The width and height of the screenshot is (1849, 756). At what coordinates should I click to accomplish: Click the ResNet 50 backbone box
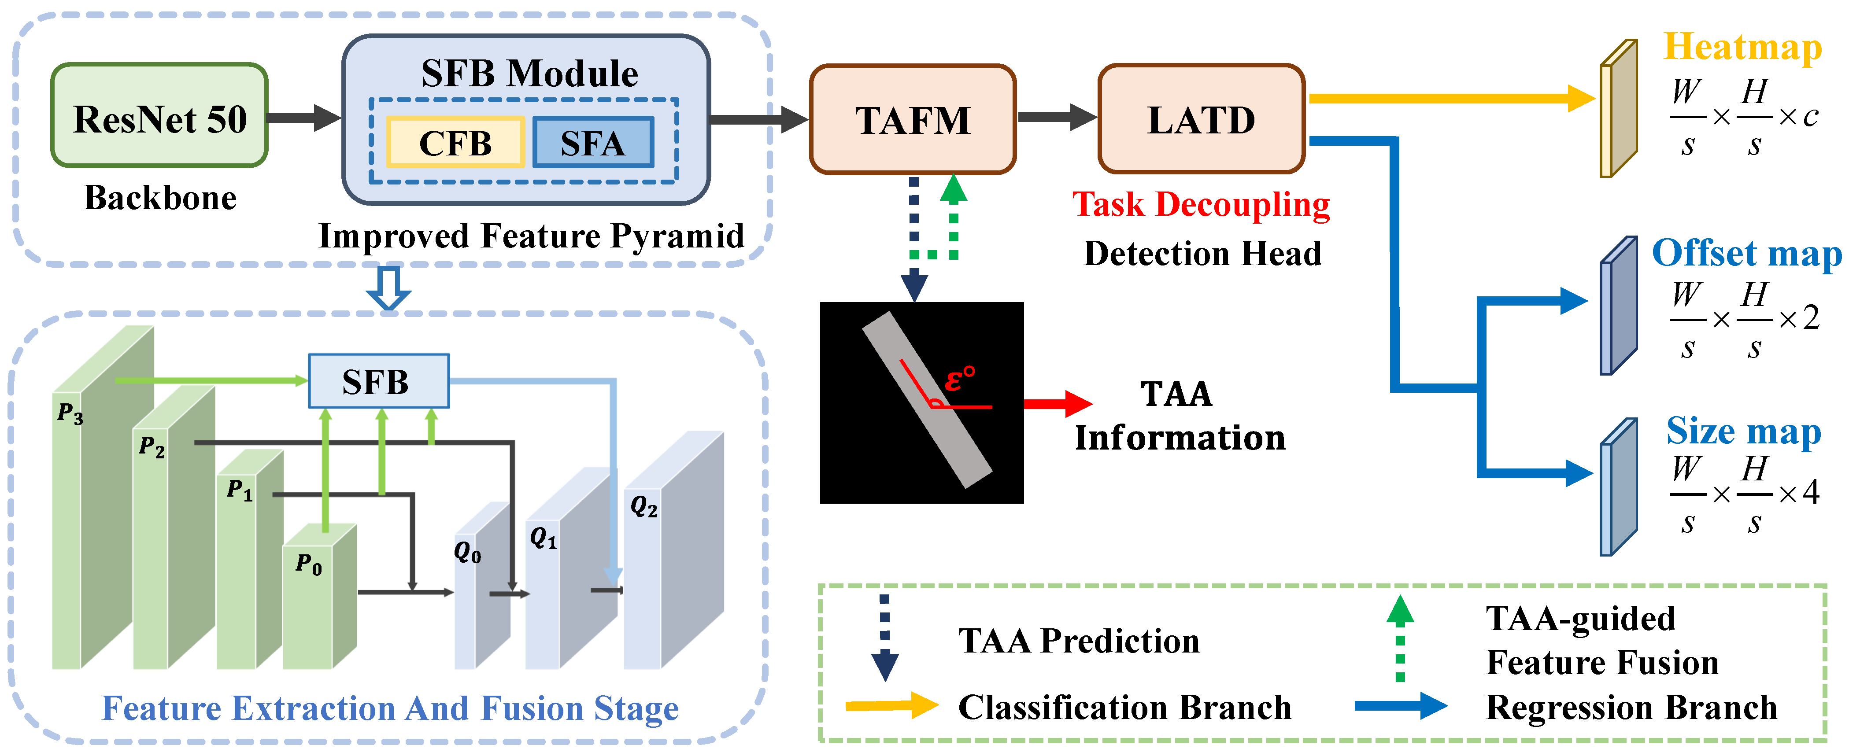(x=159, y=116)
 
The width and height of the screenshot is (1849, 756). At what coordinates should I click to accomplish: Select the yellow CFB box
(x=455, y=143)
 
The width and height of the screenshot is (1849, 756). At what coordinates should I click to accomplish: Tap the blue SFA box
(x=593, y=143)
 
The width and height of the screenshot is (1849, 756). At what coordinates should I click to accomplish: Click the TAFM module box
(x=912, y=119)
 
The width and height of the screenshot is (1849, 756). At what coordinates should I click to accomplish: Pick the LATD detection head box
(x=1201, y=119)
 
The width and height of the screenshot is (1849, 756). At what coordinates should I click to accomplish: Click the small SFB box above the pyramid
(x=378, y=381)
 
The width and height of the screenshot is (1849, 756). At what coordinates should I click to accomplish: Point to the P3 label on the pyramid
(x=70, y=413)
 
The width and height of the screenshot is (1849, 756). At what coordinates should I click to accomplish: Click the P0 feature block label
(x=309, y=564)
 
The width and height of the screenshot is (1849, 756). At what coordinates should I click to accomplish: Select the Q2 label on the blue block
(x=643, y=507)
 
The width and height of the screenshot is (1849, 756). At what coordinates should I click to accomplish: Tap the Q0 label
(x=467, y=552)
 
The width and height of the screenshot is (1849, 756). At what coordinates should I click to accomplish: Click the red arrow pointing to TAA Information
(x=1057, y=404)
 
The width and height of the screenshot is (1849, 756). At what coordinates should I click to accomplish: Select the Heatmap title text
(x=1742, y=48)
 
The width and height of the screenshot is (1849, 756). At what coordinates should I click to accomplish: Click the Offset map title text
(x=1745, y=253)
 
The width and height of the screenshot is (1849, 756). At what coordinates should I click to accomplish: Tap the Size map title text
(x=1743, y=431)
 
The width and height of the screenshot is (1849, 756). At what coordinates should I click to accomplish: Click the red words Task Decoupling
(x=1200, y=204)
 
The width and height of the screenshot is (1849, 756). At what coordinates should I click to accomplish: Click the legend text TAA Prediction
(x=1078, y=641)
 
